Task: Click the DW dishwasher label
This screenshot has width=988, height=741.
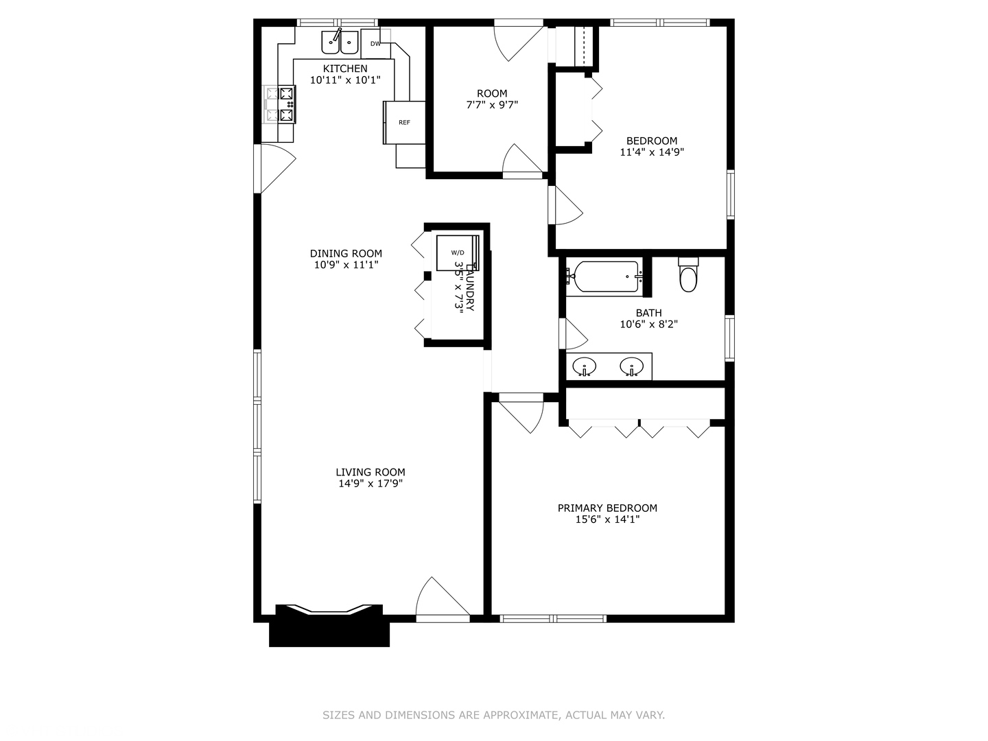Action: coord(375,44)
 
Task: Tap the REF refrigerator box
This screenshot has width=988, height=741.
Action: coord(403,122)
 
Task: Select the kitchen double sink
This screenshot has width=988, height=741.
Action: coord(340,43)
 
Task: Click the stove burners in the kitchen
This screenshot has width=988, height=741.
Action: coord(287,104)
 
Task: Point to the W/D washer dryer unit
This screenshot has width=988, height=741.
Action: coord(458,253)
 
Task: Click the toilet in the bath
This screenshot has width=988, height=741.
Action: coord(688,274)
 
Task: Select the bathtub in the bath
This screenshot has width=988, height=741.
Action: coord(604,277)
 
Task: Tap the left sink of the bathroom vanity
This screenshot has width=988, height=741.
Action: coord(585,366)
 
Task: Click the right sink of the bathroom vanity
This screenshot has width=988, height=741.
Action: coord(631,366)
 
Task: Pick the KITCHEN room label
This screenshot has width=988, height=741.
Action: coord(345,69)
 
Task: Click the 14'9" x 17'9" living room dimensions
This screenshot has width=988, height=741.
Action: coord(370,484)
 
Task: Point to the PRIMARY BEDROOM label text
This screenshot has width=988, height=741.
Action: coord(607,508)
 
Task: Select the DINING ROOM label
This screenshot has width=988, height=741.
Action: coord(346,253)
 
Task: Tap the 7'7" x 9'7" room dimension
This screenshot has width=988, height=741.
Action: coord(492,105)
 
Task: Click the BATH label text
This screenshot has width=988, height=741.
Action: coord(648,313)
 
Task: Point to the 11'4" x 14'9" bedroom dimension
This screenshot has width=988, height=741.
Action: coord(652,152)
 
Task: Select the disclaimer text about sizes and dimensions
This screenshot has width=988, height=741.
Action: coord(493,715)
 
